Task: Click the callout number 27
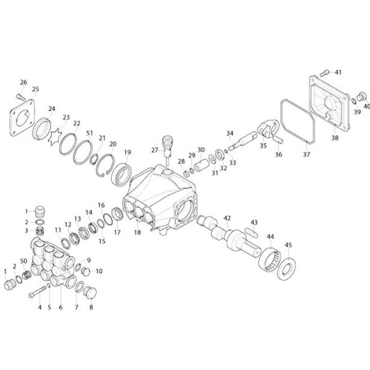tap(155, 150)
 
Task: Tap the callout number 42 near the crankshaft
tap(227, 218)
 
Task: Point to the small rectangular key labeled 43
tap(252, 232)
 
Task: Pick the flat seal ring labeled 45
tap(287, 269)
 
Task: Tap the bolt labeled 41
tap(324, 73)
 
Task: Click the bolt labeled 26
tap(21, 97)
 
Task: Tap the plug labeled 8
tap(90, 293)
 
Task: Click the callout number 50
tap(23, 261)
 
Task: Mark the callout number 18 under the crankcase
tap(138, 232)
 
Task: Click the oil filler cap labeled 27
tap(167, 148)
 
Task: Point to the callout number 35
tap(263, 146)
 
